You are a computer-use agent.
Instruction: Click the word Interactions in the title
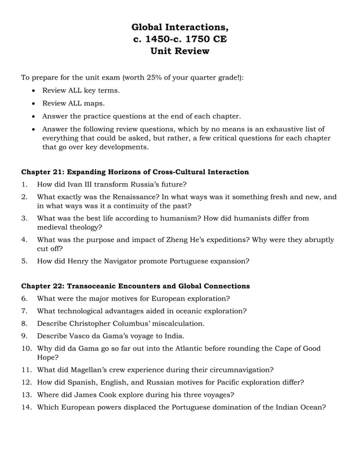tap(195, 27)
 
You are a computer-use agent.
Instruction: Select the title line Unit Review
tap(179, 51)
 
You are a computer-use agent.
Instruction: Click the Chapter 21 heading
tap(135, 172)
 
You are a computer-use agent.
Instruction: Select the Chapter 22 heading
tap(135, 286)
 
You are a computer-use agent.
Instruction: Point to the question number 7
tap(24, 311)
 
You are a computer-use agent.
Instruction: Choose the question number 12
tap(26, 382)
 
